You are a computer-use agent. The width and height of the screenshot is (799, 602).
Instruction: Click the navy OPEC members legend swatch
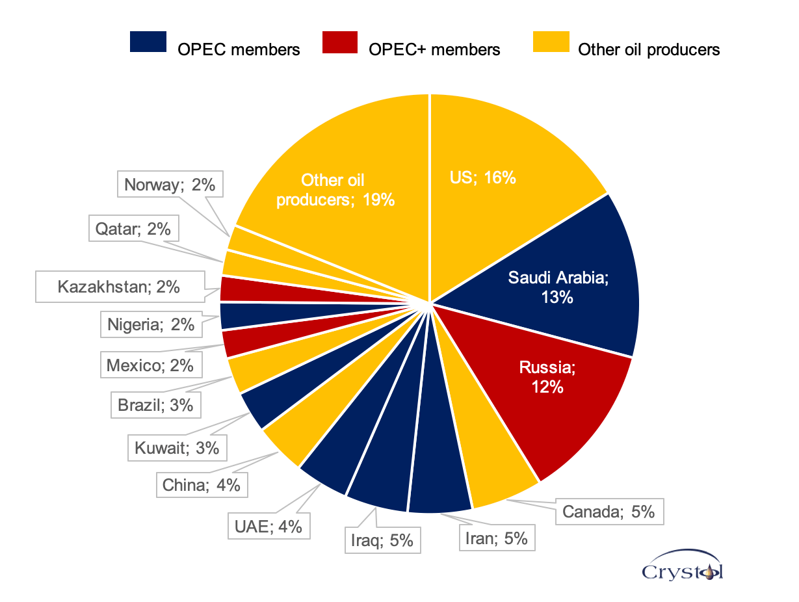[148, 42]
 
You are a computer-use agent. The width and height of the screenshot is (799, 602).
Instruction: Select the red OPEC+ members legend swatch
[339, 42]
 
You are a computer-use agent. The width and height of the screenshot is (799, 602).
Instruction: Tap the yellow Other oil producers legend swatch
[551, 42]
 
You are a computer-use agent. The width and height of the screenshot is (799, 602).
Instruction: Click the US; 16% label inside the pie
[482, 177]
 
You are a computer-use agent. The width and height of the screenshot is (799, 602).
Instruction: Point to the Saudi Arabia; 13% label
[558, 287]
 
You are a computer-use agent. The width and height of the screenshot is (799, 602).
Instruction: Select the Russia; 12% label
[547, 377]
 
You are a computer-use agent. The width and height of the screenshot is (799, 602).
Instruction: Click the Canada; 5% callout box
[608, 512]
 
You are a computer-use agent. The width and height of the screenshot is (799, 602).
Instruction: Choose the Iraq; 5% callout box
[382, 540]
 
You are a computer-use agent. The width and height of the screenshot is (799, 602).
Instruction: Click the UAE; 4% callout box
[269, 526]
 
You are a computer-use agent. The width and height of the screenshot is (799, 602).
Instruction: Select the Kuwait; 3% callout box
[176, 447]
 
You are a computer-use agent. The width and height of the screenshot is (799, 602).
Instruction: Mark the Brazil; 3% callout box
[155, 405]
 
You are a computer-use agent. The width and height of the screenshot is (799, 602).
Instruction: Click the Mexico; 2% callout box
[150, 365]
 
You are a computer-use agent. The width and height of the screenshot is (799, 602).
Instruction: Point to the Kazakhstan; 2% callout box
[118, 286]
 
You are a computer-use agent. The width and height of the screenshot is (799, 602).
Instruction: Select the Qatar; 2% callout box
[133, 228]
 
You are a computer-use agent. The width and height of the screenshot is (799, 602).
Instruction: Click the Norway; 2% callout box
[170, 185]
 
